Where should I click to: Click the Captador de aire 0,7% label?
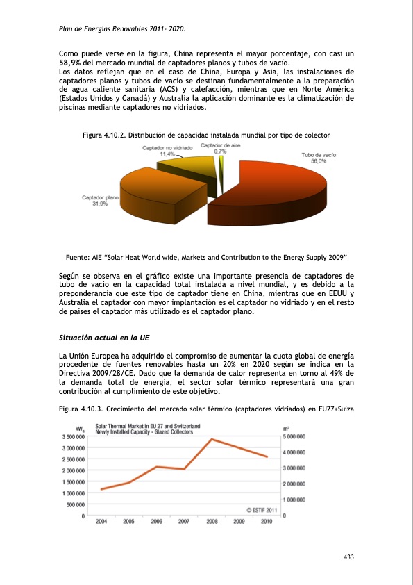[220, 148]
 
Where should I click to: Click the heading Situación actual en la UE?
[104, 338]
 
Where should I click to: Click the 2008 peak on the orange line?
[212, 439]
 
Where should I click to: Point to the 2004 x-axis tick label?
[101, 521]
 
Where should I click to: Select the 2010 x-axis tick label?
[267, 521]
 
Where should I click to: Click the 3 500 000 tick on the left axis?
[73, 437]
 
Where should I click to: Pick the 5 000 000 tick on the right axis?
[298, 437]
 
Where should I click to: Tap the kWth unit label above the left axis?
[80, 428]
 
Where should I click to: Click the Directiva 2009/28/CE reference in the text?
[98, 372]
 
